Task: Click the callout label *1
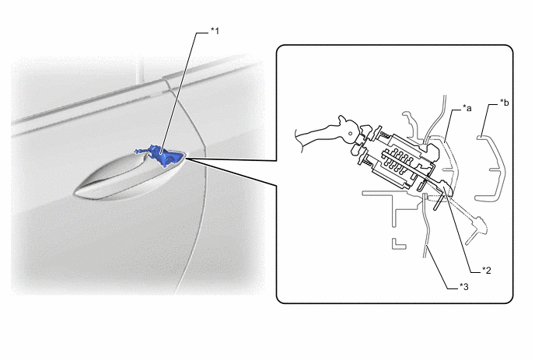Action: pos(215,31)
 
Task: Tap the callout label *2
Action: pos(487,271)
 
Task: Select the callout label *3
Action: pos(464,287)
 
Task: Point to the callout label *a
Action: pos(467,108)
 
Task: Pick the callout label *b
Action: pos(505,103)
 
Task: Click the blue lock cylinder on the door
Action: pos(159,156)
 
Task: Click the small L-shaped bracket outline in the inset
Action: pos(398,244)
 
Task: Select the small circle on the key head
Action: pos(349,134)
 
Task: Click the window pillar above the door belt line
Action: pos(139,72)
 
